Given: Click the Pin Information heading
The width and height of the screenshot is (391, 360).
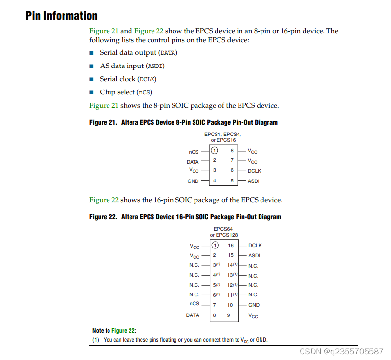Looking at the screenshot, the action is point(62,16).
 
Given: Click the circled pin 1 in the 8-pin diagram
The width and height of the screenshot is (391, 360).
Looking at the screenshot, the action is point(214,151).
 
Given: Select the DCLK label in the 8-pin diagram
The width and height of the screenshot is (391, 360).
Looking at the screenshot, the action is point(254,171).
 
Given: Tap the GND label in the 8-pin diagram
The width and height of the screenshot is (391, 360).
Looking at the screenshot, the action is point(193,181).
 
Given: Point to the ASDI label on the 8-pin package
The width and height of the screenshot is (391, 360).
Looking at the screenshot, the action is point(253,181).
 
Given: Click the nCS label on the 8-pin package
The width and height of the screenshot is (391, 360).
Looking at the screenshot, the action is point(194,152).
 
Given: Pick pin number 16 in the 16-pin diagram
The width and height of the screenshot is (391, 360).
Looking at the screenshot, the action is point(231,245).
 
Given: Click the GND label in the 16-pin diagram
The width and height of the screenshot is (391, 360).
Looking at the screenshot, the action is point(254,305).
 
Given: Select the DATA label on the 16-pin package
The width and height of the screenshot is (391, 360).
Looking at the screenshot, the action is point(193,315).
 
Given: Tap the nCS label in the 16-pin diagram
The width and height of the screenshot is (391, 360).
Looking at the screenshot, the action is point(195,303).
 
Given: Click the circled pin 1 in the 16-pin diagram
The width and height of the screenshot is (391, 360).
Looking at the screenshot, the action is point(215,245).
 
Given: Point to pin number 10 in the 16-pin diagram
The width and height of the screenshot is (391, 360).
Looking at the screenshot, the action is point(230,305).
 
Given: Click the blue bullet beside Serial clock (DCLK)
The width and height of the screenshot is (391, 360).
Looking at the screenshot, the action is point(91,79).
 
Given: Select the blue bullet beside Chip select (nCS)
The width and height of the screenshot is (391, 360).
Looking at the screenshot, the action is point(91,92).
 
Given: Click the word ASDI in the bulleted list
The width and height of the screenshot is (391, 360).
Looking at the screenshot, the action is point(155,66).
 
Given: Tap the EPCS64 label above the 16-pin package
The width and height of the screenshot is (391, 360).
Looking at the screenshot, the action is point(223,229).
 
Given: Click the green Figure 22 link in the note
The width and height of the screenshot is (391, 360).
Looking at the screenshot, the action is point(123,331).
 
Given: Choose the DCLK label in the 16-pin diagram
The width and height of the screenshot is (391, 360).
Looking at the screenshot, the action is point(255,245).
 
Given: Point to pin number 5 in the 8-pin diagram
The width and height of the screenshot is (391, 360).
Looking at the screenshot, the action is point(232,181).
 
